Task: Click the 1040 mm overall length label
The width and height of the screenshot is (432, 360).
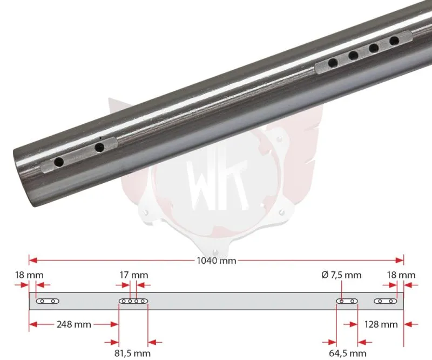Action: click(x=217, y=261)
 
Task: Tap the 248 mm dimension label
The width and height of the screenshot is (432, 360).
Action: click(x=74, y=324)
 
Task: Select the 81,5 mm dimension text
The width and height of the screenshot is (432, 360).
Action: click(x=132, y=354)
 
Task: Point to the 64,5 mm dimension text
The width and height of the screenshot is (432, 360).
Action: click(x=348, y=354)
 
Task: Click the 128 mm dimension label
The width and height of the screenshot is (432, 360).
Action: click(x=381, y=324)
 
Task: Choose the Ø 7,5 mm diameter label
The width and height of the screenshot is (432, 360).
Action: click(x=341, y=275)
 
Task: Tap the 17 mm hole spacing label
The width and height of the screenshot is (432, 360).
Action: click(x=133, y=275)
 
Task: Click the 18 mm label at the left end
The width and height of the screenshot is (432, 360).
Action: click(x=29, y=275)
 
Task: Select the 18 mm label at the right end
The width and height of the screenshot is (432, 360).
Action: click(x=401, y=275)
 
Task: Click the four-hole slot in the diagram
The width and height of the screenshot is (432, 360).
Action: click(x=133, y=301)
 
